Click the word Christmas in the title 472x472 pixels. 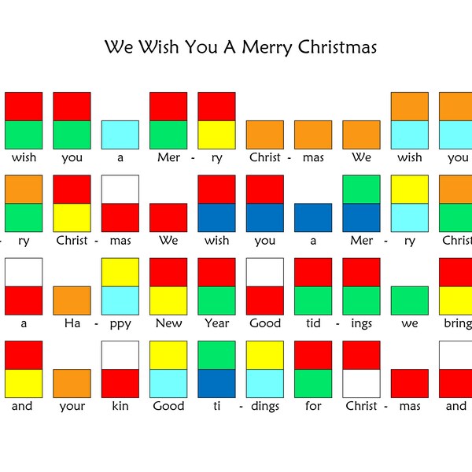coord(337,47)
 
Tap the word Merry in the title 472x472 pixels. coord(267,47)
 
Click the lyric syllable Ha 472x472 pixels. coord(72,323)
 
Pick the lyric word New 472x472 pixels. coord(168,323)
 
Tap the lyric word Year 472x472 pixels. coord(216,323)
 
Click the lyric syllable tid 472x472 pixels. coord(313,323)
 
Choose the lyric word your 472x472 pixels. coord(72,407)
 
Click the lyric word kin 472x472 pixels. coord(120,407)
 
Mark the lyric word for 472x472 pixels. coord(313,407)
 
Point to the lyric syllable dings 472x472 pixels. coord(265,407)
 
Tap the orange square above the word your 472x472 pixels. coord(72,383)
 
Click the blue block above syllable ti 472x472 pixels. coord(216,383)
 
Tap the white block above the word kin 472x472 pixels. coord(120,355)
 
